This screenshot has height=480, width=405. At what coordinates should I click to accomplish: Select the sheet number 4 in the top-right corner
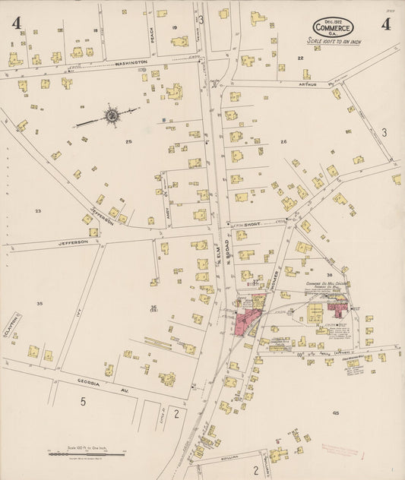386,24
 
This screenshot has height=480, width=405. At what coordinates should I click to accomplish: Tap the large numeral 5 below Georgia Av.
84,401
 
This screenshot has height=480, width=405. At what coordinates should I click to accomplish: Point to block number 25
128,142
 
